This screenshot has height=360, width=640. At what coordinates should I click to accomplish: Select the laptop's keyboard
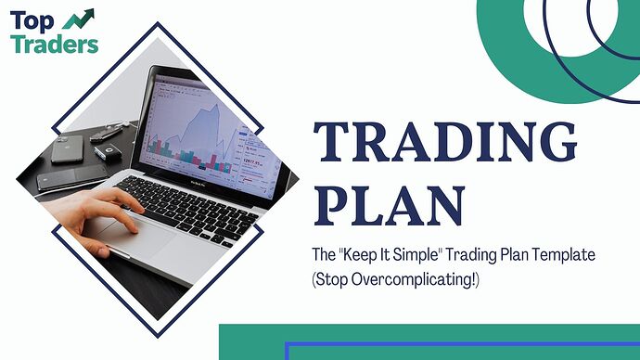click(186, 199)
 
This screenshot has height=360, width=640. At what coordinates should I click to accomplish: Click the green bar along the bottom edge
click(427, 341)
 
